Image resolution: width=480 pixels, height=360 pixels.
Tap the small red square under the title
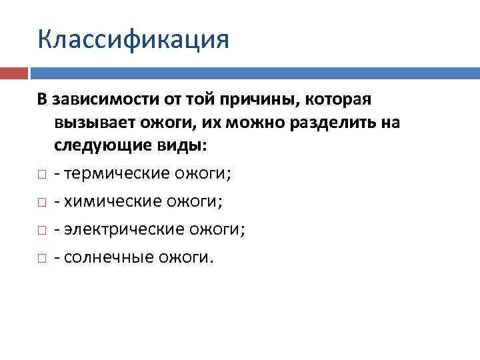pyautogui.click(x=14, y=72)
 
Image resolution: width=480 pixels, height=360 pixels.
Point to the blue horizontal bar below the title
pyautogui.click(x=254, y=72)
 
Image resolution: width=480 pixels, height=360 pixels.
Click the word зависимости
pyautogui.click(x=99, y=100)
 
